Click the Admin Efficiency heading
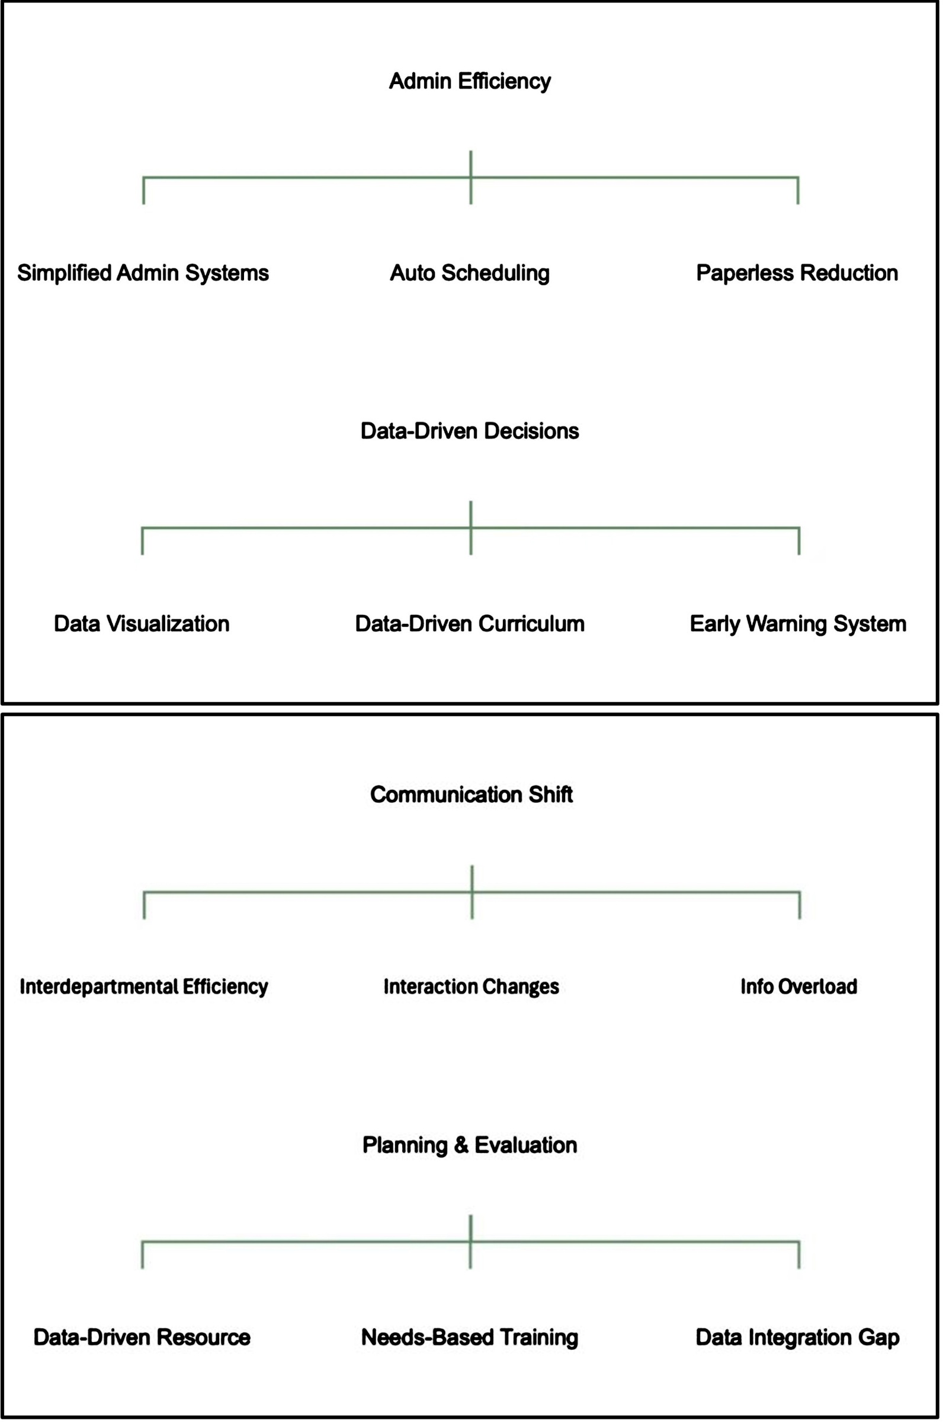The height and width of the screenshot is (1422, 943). (470, 81)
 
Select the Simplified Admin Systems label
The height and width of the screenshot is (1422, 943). (143, 273)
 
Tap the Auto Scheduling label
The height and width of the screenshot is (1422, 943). (470, 273)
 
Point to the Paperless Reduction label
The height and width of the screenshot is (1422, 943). (797, 273)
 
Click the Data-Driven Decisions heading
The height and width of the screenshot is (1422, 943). (470, 431)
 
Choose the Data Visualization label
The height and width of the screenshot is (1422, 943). (142, 624)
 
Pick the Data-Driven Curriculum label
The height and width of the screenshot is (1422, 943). (470, 624)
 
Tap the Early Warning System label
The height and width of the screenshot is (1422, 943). (798, 624)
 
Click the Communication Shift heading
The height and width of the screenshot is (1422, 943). (471, 795)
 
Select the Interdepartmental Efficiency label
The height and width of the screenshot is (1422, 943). (144, 987)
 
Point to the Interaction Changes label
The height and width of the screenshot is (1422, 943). (471, 987)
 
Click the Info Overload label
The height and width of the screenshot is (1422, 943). (798, 987)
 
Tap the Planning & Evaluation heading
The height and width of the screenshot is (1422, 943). (470, 1145)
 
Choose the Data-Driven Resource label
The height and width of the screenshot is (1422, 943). (142, 1337)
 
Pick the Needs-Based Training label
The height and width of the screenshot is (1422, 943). (470, 1338)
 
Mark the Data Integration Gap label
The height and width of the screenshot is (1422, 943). (797, 1338)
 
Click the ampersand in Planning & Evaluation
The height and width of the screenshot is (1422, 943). (461, 1145)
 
